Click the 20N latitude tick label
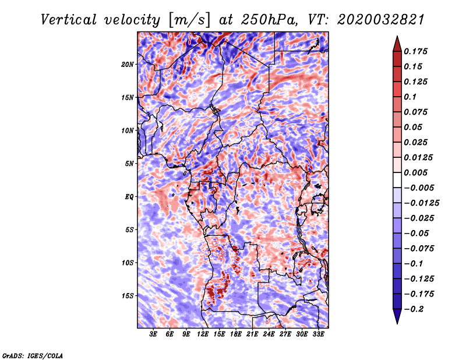coord(128,65)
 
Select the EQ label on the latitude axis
coord(129,197)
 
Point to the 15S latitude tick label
coord(128,296)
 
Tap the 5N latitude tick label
coord(129,164)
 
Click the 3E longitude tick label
coord(153,334)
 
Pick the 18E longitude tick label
coord(235,334)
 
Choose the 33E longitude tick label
coord(318,334)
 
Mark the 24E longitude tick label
coord(269,334)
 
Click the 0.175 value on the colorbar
coord(415,51)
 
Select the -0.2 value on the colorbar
coord(414,309)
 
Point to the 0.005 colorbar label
coord(415,172)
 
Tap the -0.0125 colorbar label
coord(421,203)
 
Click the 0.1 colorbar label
coord(410,97)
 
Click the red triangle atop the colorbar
coord(397,44)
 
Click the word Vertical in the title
coord(69,20)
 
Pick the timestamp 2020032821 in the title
coord(381,20)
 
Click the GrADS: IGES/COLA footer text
coord(33,355)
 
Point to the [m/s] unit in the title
coord(189,20)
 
